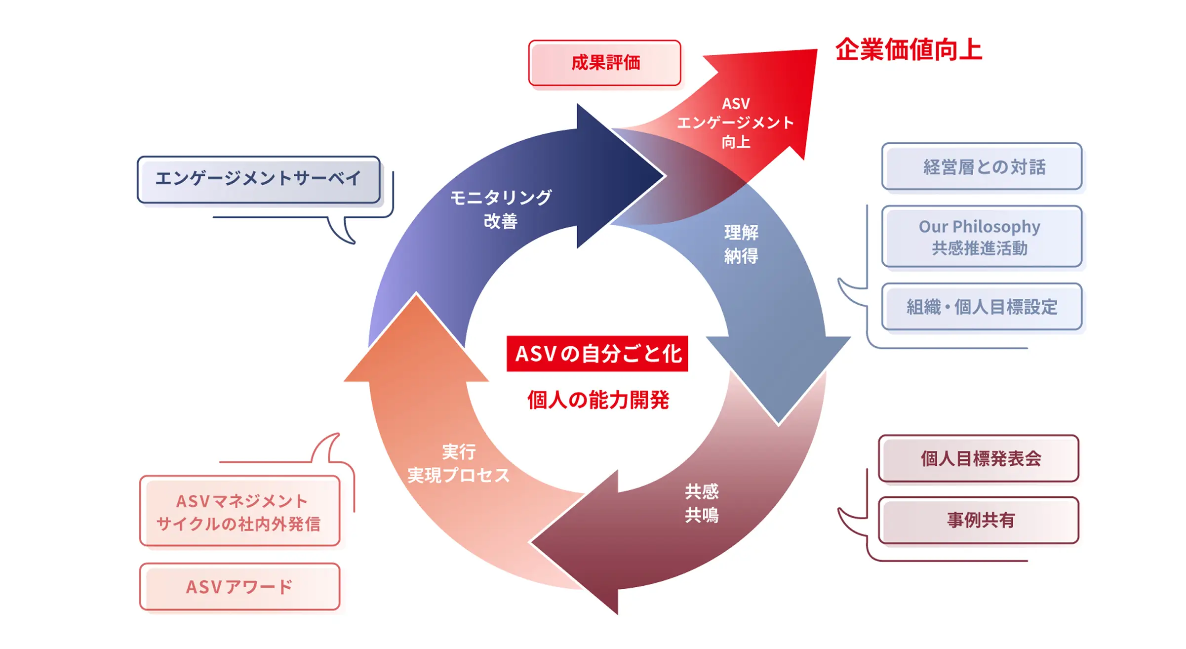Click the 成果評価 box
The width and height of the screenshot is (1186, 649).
[604, 63]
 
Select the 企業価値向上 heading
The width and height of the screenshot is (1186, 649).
[909, 50]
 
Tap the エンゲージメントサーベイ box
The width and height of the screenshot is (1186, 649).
[258, 179]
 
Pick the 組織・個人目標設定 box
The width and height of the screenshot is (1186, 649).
[982, 307]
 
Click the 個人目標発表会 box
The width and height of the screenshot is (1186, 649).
[979, 458]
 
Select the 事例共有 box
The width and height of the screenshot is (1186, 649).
[979, 520]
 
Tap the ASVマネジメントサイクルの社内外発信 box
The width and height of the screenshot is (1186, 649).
[240, 511]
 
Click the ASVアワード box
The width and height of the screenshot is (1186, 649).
[240, 587]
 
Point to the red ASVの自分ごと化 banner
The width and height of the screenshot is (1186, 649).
[597, 354]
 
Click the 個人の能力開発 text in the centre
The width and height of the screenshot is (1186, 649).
[598, 400]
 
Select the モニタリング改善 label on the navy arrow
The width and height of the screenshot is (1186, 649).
[501, 209]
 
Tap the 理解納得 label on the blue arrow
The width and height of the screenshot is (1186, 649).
[741, 244]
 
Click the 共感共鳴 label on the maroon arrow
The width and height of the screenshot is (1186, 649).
[702, 503]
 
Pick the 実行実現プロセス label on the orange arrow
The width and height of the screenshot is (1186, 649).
[458, 463]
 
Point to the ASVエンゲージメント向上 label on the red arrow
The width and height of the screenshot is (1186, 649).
[736, 122]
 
